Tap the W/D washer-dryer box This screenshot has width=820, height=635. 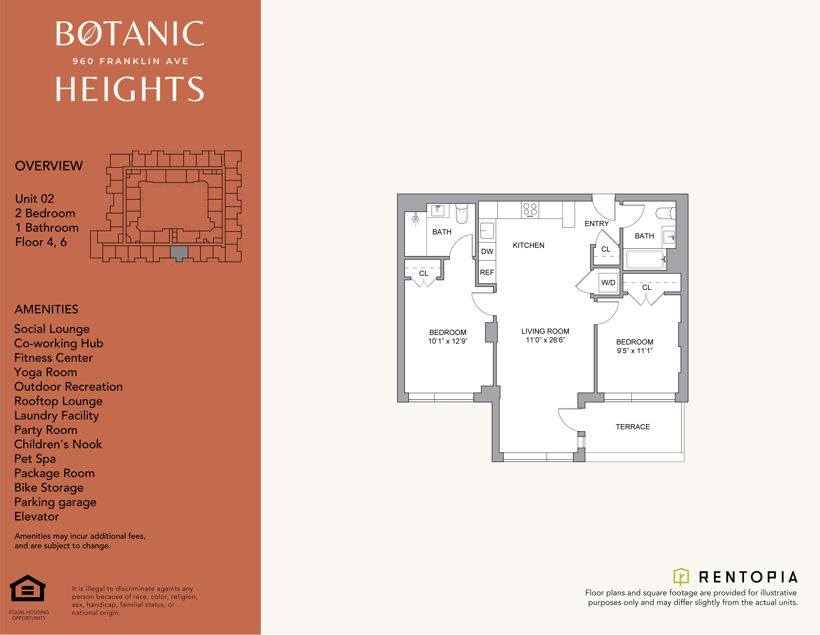coord(608,283)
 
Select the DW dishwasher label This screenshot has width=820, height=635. coord(487,252)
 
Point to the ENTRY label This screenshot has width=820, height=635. coord(597,224)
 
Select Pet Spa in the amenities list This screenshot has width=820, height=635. coord(35,459)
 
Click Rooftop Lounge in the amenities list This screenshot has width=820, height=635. coord(58,401)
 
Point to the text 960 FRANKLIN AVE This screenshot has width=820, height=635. coord(130,61)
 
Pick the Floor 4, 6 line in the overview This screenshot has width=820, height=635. coord(41,242)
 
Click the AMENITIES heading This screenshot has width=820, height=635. coord(46,309)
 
